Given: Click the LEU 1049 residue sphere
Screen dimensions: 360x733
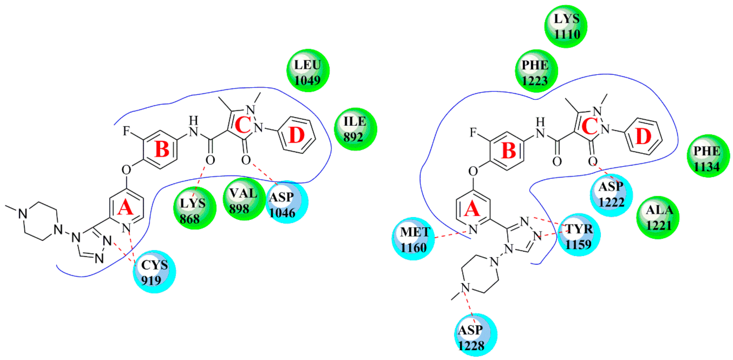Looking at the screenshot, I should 308,71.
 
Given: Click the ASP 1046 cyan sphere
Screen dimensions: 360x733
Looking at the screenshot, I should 287,202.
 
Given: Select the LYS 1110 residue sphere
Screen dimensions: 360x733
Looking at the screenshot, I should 566,26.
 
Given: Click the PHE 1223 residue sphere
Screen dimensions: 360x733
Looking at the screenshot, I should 536,71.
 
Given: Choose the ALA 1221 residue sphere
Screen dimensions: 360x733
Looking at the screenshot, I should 658,217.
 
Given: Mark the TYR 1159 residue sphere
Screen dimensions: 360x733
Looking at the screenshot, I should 579,235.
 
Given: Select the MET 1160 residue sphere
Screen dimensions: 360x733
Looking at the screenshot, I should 413,239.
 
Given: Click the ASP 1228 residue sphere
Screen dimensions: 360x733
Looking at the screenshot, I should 475,335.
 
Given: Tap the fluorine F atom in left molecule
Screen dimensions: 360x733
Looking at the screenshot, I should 126,131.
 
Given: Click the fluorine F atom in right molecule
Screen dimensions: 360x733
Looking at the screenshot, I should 473,132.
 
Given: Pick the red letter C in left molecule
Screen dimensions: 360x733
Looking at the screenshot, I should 242,125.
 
